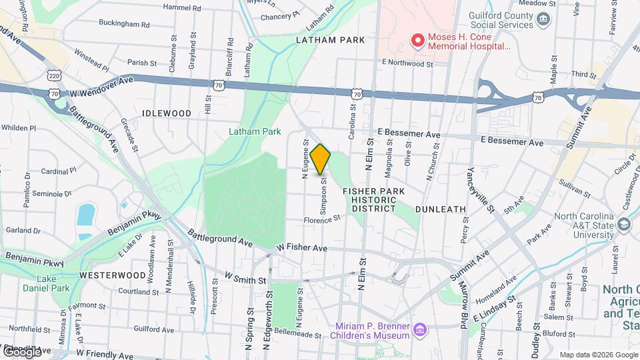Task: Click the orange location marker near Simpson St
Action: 321,159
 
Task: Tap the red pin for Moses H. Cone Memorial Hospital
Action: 418,41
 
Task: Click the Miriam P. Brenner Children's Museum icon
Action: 419,330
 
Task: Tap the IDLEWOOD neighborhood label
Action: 167,114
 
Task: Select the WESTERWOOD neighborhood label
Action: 112,275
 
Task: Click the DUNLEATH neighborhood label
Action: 441,209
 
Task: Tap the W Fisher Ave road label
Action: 303,247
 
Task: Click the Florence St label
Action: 322,218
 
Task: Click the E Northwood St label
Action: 407,64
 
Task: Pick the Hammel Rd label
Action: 182,9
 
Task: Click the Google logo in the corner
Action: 21,351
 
